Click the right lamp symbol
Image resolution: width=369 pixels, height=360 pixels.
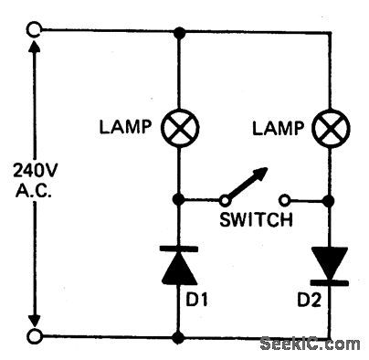(329, 130)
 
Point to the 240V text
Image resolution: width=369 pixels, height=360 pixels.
(34, 170)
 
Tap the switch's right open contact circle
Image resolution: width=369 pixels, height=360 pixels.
(286, 197)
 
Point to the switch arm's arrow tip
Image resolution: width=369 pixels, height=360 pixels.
(268, 169)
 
